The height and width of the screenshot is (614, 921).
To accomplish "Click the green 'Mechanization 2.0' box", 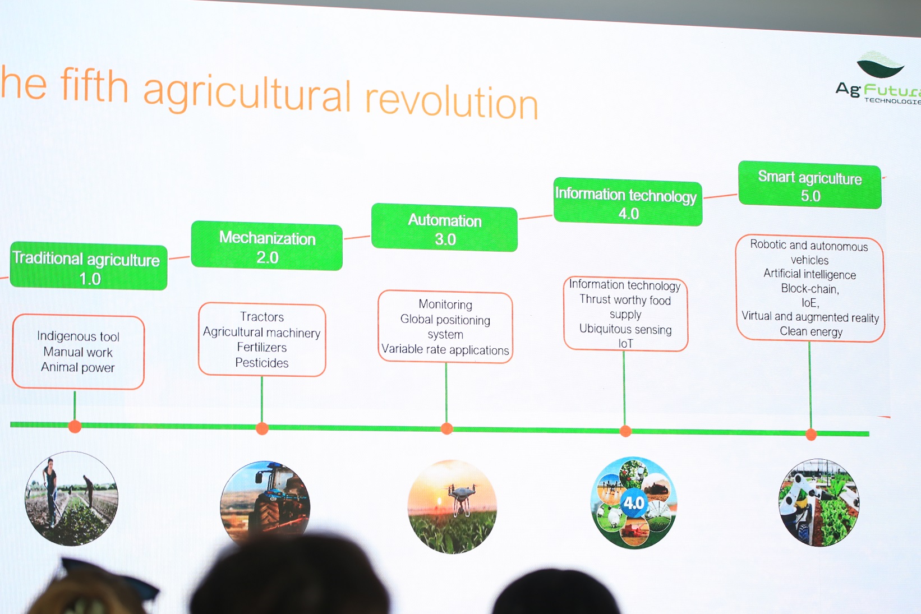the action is (267, 246).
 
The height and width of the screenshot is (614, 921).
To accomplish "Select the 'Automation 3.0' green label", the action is (444, 228).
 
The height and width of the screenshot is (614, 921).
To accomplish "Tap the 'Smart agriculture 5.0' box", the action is (809, 185).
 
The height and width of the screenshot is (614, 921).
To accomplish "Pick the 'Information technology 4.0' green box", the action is (628, 202).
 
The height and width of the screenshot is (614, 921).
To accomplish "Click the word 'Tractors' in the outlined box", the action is (262, 317).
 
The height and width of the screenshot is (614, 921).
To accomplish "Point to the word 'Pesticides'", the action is (262, 363).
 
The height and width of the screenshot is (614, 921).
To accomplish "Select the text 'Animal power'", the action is (78, 367).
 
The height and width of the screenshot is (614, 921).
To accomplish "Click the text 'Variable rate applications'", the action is (445, 349).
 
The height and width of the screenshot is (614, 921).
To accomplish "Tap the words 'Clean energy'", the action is (811, 331).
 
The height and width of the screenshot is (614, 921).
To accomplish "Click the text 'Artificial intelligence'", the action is (809, 274).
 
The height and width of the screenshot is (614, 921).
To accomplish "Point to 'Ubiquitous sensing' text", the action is (625, 329).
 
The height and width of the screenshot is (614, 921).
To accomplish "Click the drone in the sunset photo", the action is (462, 498).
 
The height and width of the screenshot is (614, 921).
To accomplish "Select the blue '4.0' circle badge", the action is (634, 502).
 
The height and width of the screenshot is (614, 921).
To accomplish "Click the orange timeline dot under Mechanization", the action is (262, 428).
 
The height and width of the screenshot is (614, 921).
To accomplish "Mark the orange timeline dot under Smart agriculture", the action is (811, 435).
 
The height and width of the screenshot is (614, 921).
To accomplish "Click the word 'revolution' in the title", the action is (452, 101).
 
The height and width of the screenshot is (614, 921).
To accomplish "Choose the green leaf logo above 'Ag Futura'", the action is (880, 65).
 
